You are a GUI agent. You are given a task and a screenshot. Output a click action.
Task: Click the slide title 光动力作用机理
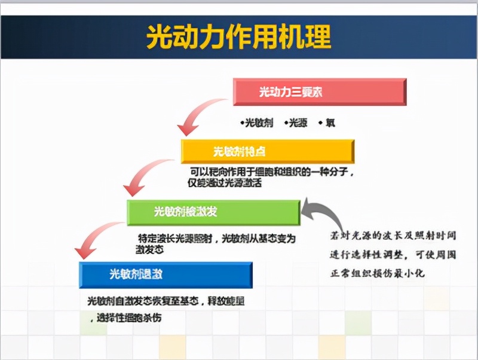(x=239, y=37)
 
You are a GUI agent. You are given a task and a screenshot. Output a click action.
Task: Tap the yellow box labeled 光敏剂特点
(x=267, y=151)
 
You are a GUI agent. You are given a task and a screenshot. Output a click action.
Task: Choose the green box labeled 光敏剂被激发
(x=213, y=212)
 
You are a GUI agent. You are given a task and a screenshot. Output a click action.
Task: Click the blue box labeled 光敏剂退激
(x=165, y=274)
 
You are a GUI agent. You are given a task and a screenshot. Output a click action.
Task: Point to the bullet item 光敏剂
(x=258, y=123)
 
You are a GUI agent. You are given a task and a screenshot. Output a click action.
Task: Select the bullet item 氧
(x=327, y=123)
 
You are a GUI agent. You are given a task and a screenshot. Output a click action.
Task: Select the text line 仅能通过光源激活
(x=225, y=183)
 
